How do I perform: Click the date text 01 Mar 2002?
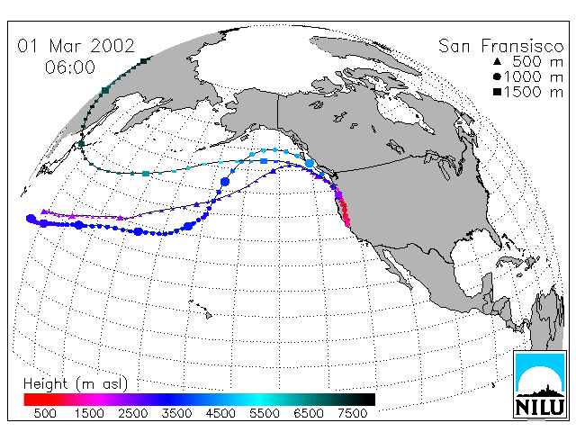pyautogui.click(x=76, y=46)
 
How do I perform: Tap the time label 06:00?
pyautogui.click(x=70, y=67)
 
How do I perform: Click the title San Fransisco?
pyautogui.click(x=500, y=46)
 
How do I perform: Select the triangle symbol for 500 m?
pyautogui.click(x=497, y=61)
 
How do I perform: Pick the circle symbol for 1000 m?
pyautogui.click(x=497, y=76)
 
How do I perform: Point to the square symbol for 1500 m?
pyautogui.click(x=497, y=92)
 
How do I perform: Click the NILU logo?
pyautogui.click(x=540, y=384)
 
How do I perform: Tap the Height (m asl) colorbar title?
pyautogui.click(x=76, y=384)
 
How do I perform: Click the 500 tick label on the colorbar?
pyautogui.click(x=45, y=413)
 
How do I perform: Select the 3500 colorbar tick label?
pyautogui.click(x=176, y=413)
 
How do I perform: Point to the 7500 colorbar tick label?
pyautogui.click(x=352, y=413)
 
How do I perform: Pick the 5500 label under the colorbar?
pyautogui.click(x=265, y=413)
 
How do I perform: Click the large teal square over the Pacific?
pyautogui.click(x=146, y=174)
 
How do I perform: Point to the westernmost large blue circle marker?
pyautogui.click(x=31, y=219)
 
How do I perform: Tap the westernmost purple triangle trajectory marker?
pyautogui.click(x=44, y=211)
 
